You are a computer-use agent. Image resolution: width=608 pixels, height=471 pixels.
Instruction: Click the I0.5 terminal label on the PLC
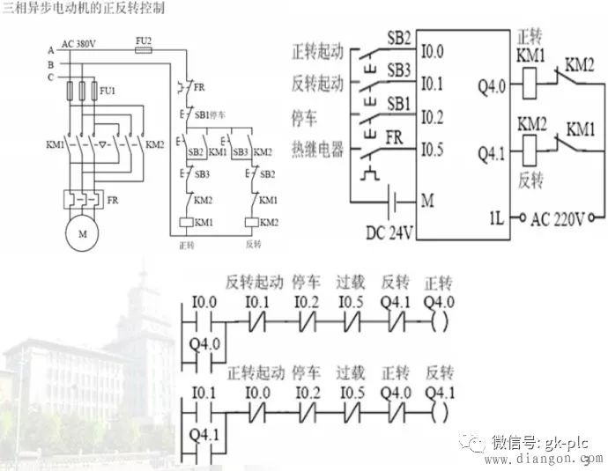click(x=432, y=149)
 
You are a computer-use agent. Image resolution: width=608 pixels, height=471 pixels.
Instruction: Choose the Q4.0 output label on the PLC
click(x=491, y=87)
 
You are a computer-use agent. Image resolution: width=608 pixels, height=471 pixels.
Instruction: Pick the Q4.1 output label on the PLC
click(x=491, y=154)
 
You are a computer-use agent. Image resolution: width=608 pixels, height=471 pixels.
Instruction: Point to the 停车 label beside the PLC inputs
click(x=305, y=115)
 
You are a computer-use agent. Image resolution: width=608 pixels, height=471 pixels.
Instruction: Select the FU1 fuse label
click(x=107, y=89)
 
